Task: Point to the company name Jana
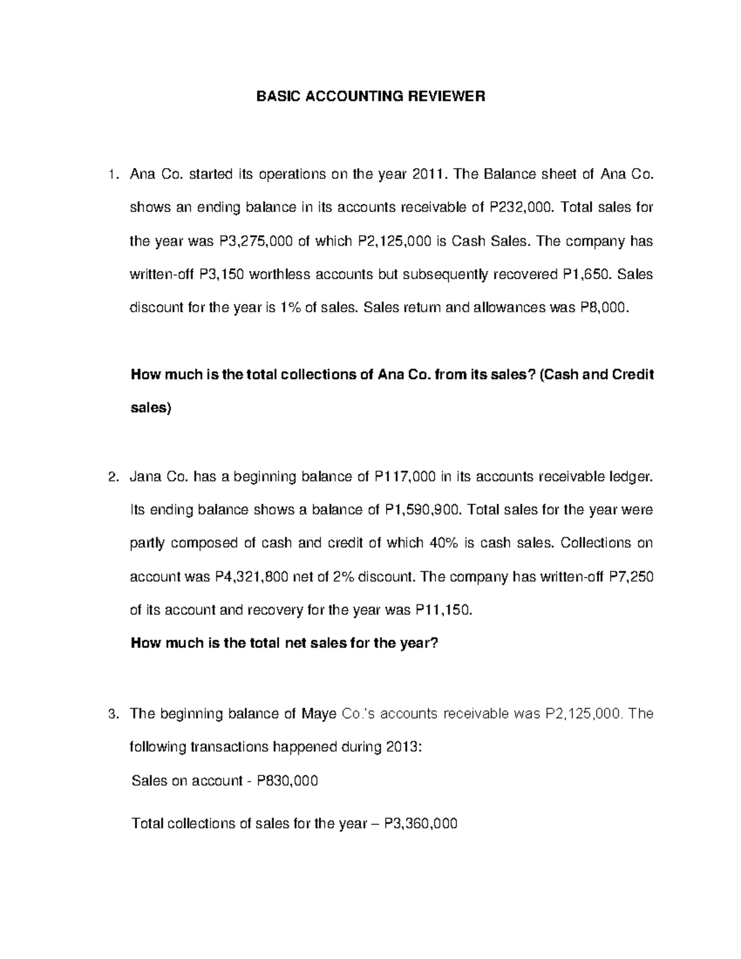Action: click(144, 477)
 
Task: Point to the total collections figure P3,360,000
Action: click(421, 823)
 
